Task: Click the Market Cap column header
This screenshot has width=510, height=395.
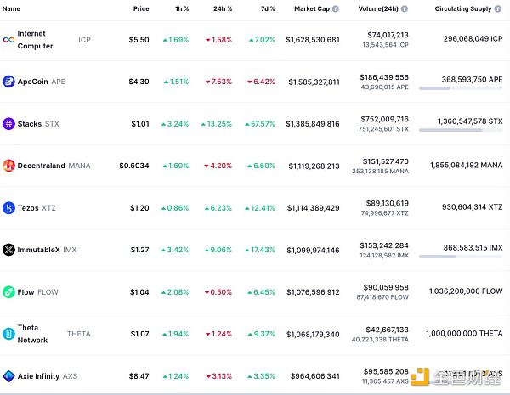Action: click(x=312, y=8)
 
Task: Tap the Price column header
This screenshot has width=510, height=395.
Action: click(x=140, y=8)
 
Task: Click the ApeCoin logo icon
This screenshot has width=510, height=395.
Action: click(x=8, y=82)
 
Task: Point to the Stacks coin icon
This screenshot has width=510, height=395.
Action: click(x=8, y=124)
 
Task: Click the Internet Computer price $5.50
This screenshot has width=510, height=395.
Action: click(x=139, y=40)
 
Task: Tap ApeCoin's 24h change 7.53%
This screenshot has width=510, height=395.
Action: click(x=218, y=82)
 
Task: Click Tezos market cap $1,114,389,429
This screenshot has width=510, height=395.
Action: click(x=314, y=208)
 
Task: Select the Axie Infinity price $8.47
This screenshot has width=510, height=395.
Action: click(x=139, y=375)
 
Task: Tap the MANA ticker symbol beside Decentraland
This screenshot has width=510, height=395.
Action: click(x=80, y=166)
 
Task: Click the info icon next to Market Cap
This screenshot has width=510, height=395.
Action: click(x=336, y=8)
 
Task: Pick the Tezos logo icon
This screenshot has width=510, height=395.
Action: click(x=8, y=208)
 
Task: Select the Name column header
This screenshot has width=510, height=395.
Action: click(x=12, y=8)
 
